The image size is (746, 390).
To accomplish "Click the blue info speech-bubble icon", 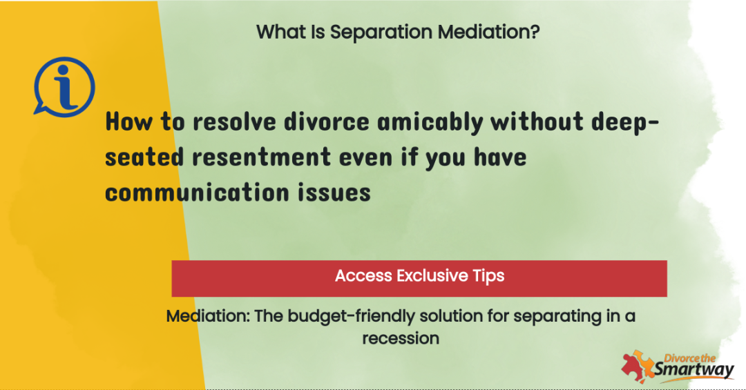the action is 64,86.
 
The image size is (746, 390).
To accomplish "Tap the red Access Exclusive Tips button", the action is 419,278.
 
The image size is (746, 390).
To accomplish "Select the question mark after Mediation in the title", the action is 535,32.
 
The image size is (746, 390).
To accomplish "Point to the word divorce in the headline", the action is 326,121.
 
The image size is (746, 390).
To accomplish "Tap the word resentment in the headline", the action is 261,157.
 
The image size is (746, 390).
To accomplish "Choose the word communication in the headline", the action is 197,193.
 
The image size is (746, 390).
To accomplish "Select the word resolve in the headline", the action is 234,121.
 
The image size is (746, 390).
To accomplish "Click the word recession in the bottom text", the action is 401,338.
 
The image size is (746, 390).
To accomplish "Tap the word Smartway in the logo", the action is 694,370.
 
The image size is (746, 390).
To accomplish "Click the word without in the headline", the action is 537,121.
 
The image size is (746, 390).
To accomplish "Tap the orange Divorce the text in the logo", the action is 690,358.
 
